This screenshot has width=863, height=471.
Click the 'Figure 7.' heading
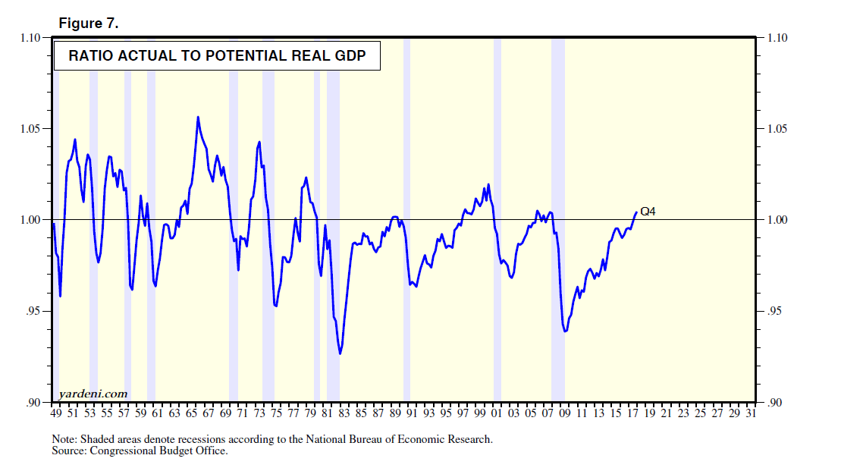[89, 24]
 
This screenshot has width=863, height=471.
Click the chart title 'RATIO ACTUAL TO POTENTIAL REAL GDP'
[217, 56]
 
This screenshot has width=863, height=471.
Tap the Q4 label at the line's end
[647, 212]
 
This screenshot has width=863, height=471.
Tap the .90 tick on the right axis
[774, 403]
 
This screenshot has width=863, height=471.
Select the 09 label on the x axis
[565, 414]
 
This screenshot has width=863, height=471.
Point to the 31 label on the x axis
[752, 414]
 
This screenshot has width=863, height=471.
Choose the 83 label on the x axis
[344, 414]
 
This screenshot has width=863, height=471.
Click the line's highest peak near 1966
[198, 118]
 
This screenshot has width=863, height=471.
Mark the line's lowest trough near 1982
[340, 353]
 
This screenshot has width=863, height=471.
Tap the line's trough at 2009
[565, 331]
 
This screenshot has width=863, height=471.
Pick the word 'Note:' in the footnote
[65, 439]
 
